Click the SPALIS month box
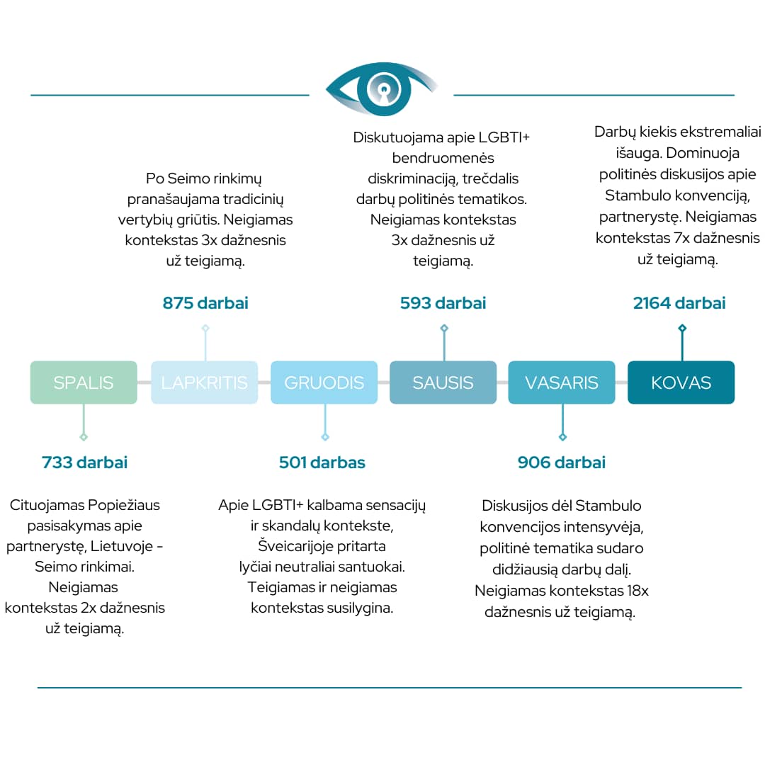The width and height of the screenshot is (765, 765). (84, 382)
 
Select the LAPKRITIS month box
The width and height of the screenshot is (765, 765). (205, 382)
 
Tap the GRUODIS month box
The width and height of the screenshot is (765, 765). (324, 382)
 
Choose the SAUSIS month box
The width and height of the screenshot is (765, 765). (443, 382)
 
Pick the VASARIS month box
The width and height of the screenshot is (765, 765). (562, 382)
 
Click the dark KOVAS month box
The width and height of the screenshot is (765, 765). (681, 382)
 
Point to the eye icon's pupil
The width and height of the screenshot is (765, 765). (384, 90)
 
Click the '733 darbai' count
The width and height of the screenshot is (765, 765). (84, 462)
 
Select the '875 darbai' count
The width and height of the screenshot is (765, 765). (205, 303)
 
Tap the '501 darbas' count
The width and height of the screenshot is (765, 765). (322, 462)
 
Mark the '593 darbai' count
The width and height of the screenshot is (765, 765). (443, 303)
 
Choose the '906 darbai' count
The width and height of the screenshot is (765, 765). (562, 462)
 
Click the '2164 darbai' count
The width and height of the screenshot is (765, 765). (679, 303)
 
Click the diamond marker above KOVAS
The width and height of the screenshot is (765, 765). (682, 329)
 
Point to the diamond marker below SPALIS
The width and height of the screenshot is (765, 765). (84, 437)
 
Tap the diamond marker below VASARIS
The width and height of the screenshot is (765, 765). (562, 437)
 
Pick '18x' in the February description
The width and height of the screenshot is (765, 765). (637, 591)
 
